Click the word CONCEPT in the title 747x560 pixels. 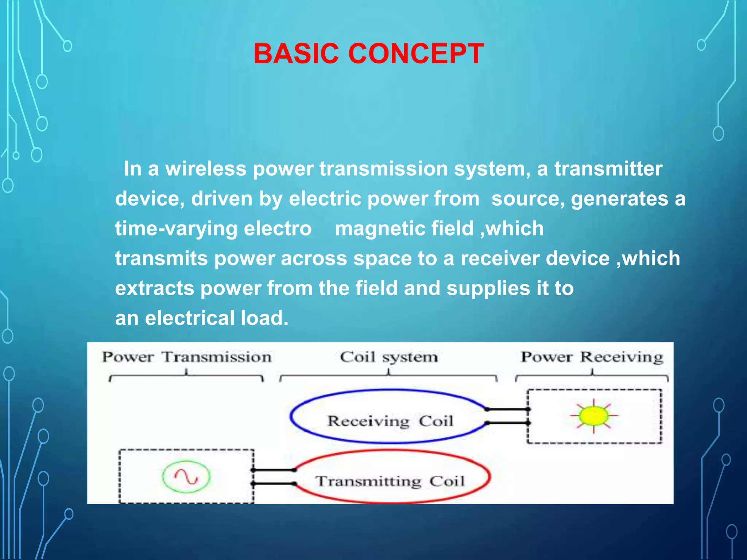tap(416, 54)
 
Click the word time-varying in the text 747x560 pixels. tap(177, 229)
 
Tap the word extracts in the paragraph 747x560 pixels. tap(155, 288)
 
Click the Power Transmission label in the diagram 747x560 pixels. tap(186, 357)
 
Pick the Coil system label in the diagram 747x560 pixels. tap(388, 357)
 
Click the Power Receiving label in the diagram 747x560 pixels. tap(592, 357)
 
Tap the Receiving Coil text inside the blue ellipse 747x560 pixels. tap(390, 421)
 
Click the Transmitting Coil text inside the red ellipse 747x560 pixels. tap(390, 481)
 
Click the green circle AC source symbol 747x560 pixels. tap(186, 477)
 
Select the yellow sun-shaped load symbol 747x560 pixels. tap(594, 416)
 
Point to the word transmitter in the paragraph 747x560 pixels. tap(608, 169)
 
